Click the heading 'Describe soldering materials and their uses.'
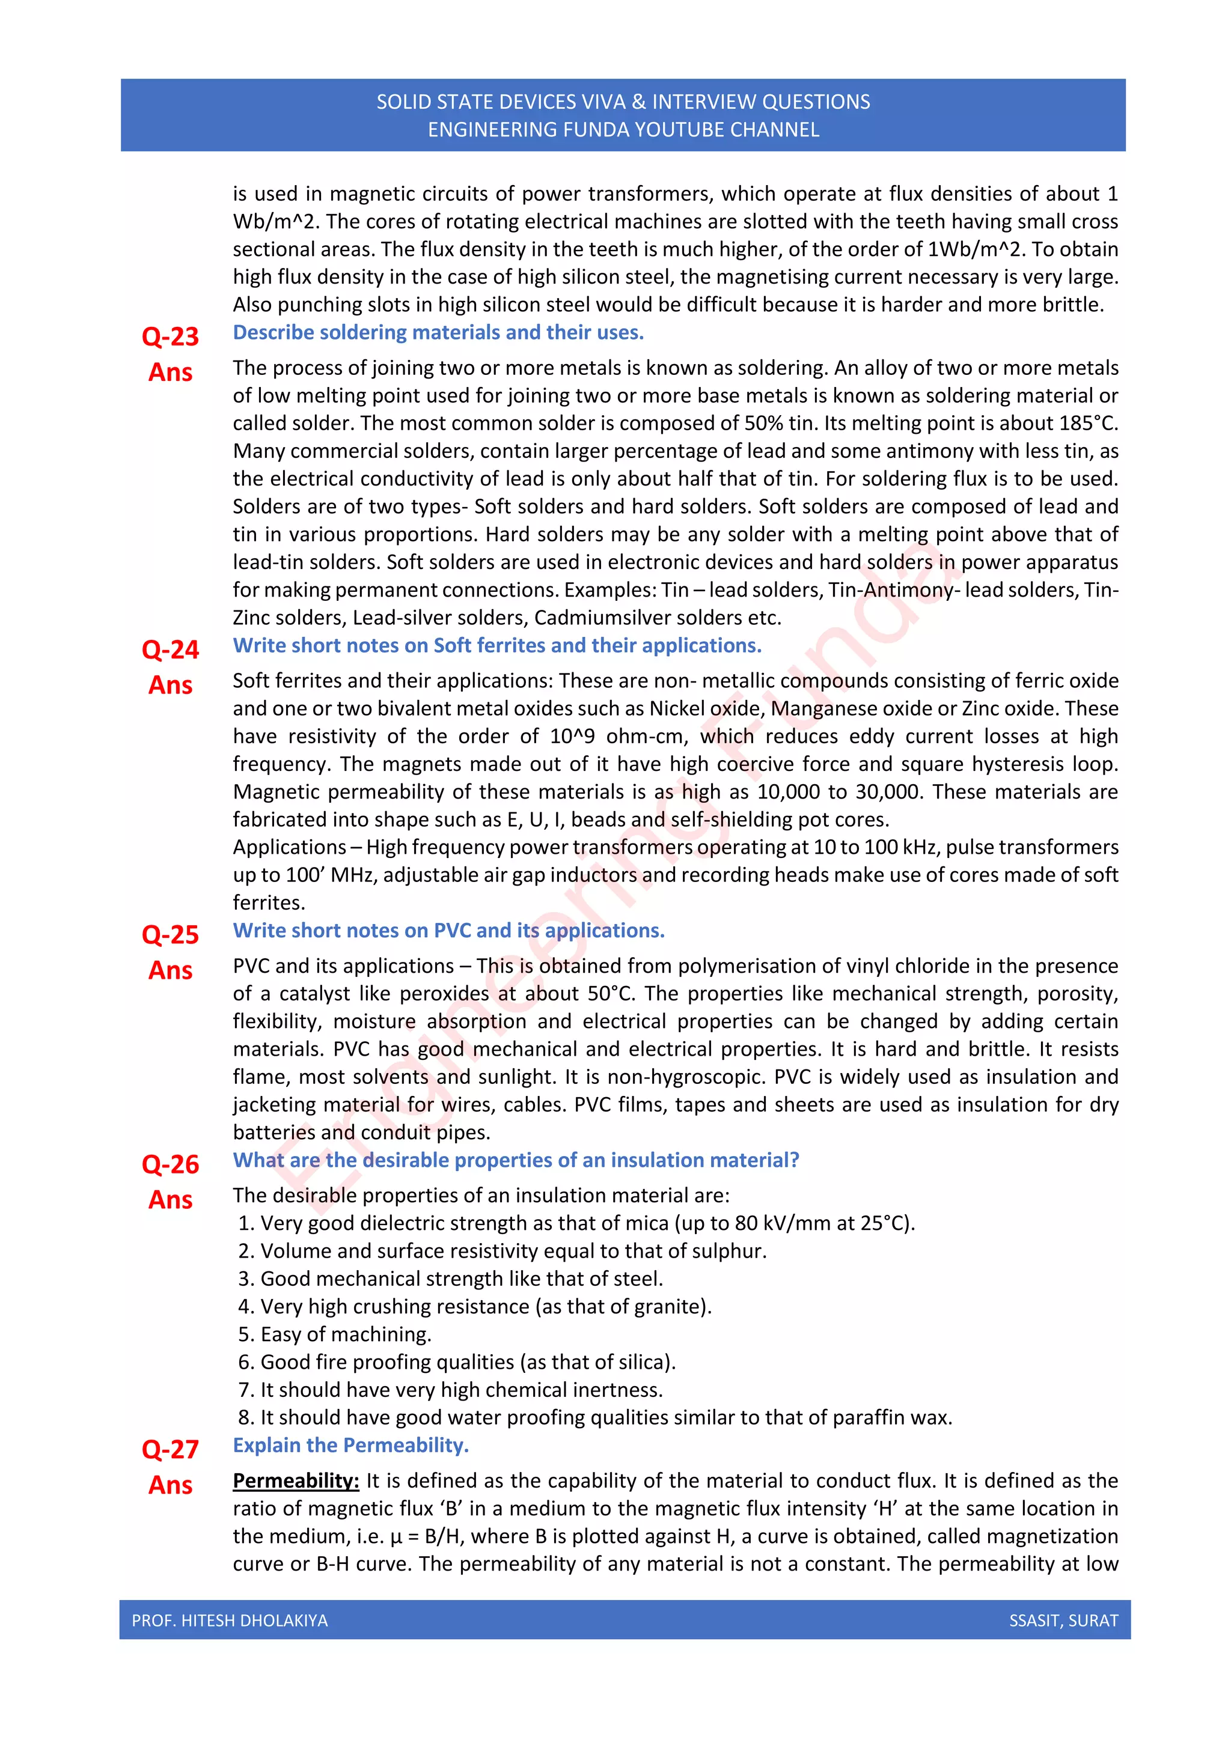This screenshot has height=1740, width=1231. [438, 333]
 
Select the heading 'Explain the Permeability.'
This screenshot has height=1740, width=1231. [350, 1445]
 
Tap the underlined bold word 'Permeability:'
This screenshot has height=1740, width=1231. [296, 1481]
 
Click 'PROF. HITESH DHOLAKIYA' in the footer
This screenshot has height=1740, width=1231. [230, 1620]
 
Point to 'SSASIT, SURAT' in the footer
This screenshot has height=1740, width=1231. [1063, 1620]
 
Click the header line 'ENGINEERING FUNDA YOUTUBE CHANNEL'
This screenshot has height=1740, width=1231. [623, 130]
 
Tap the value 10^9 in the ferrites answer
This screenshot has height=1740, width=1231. [572, 736]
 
